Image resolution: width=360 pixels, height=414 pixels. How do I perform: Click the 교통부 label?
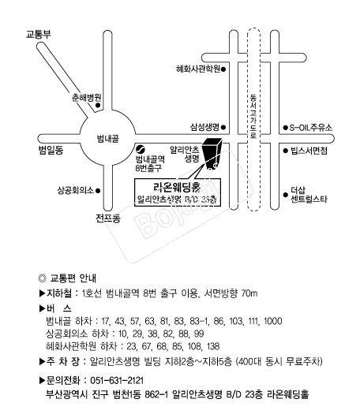(39, 35)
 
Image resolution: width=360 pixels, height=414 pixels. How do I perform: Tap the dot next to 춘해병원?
(98, 106)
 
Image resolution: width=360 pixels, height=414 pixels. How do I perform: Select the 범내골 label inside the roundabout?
(108, 138)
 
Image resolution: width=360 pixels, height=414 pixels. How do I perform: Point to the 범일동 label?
(51, 150)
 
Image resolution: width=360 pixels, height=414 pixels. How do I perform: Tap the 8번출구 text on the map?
(148, 168)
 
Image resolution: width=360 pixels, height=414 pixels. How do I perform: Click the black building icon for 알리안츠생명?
(212, 153)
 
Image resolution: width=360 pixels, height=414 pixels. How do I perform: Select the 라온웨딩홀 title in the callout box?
(177, 187)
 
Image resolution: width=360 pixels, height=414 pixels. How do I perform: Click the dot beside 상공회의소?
(98, 190)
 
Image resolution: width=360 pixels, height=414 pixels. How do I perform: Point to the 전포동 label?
(108, 218)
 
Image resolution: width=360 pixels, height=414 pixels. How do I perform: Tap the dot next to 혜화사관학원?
(223, 69)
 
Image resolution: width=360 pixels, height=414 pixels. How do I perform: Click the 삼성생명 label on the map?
(204, 127)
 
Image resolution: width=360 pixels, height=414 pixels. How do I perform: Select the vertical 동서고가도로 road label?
(253, 117)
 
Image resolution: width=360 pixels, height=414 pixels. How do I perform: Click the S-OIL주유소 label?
(310, 128)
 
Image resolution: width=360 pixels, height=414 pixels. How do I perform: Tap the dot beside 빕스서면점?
(285, 151)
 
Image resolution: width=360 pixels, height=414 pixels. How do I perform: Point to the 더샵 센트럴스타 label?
(309, 195)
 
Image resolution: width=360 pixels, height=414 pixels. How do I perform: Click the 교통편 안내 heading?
(73, 278)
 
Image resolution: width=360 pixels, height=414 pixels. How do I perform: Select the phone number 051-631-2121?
(117, 380)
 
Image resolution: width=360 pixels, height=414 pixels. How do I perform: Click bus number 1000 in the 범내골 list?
(273, 321)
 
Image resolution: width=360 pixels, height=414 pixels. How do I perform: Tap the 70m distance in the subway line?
(249, 293)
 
